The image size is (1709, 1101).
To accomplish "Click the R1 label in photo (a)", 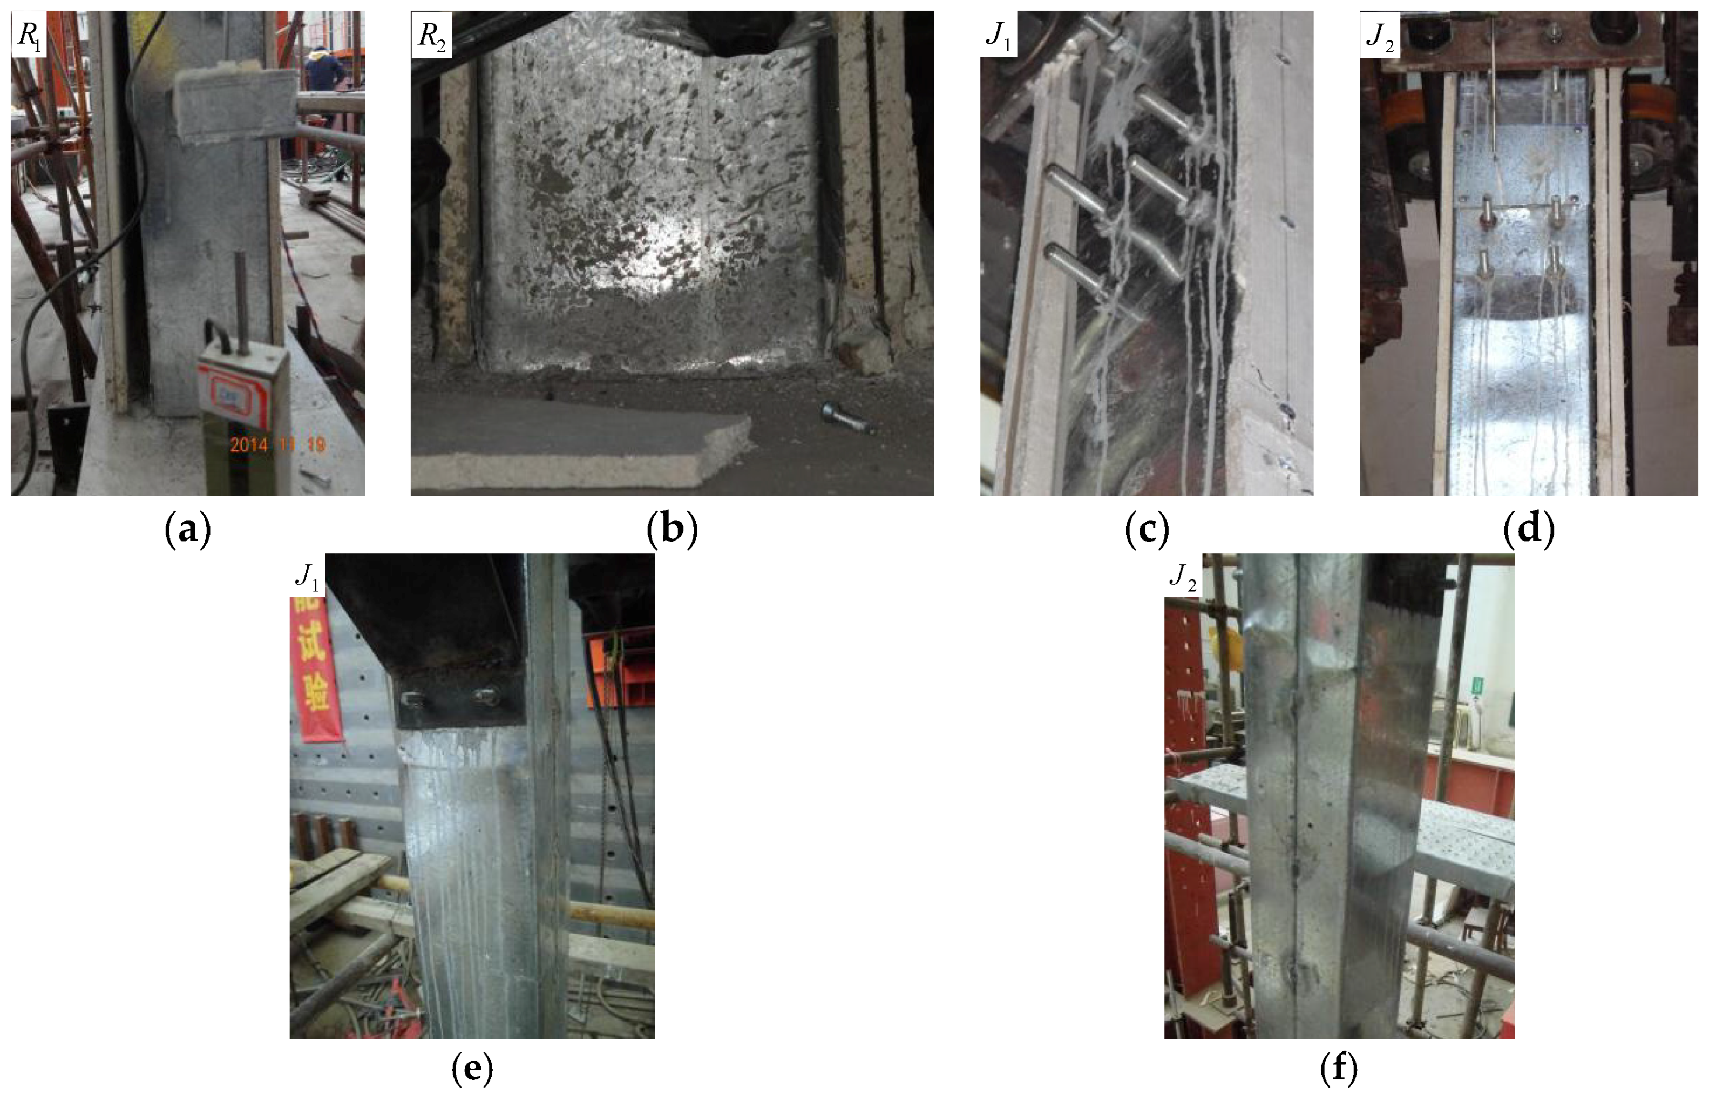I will click(29, 33).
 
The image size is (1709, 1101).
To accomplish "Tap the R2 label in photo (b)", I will click(432, 33).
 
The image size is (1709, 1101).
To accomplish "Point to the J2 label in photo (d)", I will click(1380, 33).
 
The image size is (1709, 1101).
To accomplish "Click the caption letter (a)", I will click(188, 530).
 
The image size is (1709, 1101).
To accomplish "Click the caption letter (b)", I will click(672, 530).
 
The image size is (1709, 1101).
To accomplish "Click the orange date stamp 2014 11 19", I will click(278, 445).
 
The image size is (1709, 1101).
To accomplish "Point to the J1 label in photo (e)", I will click(307, 576).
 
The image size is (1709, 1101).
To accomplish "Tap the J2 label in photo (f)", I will click(1183, 576).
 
